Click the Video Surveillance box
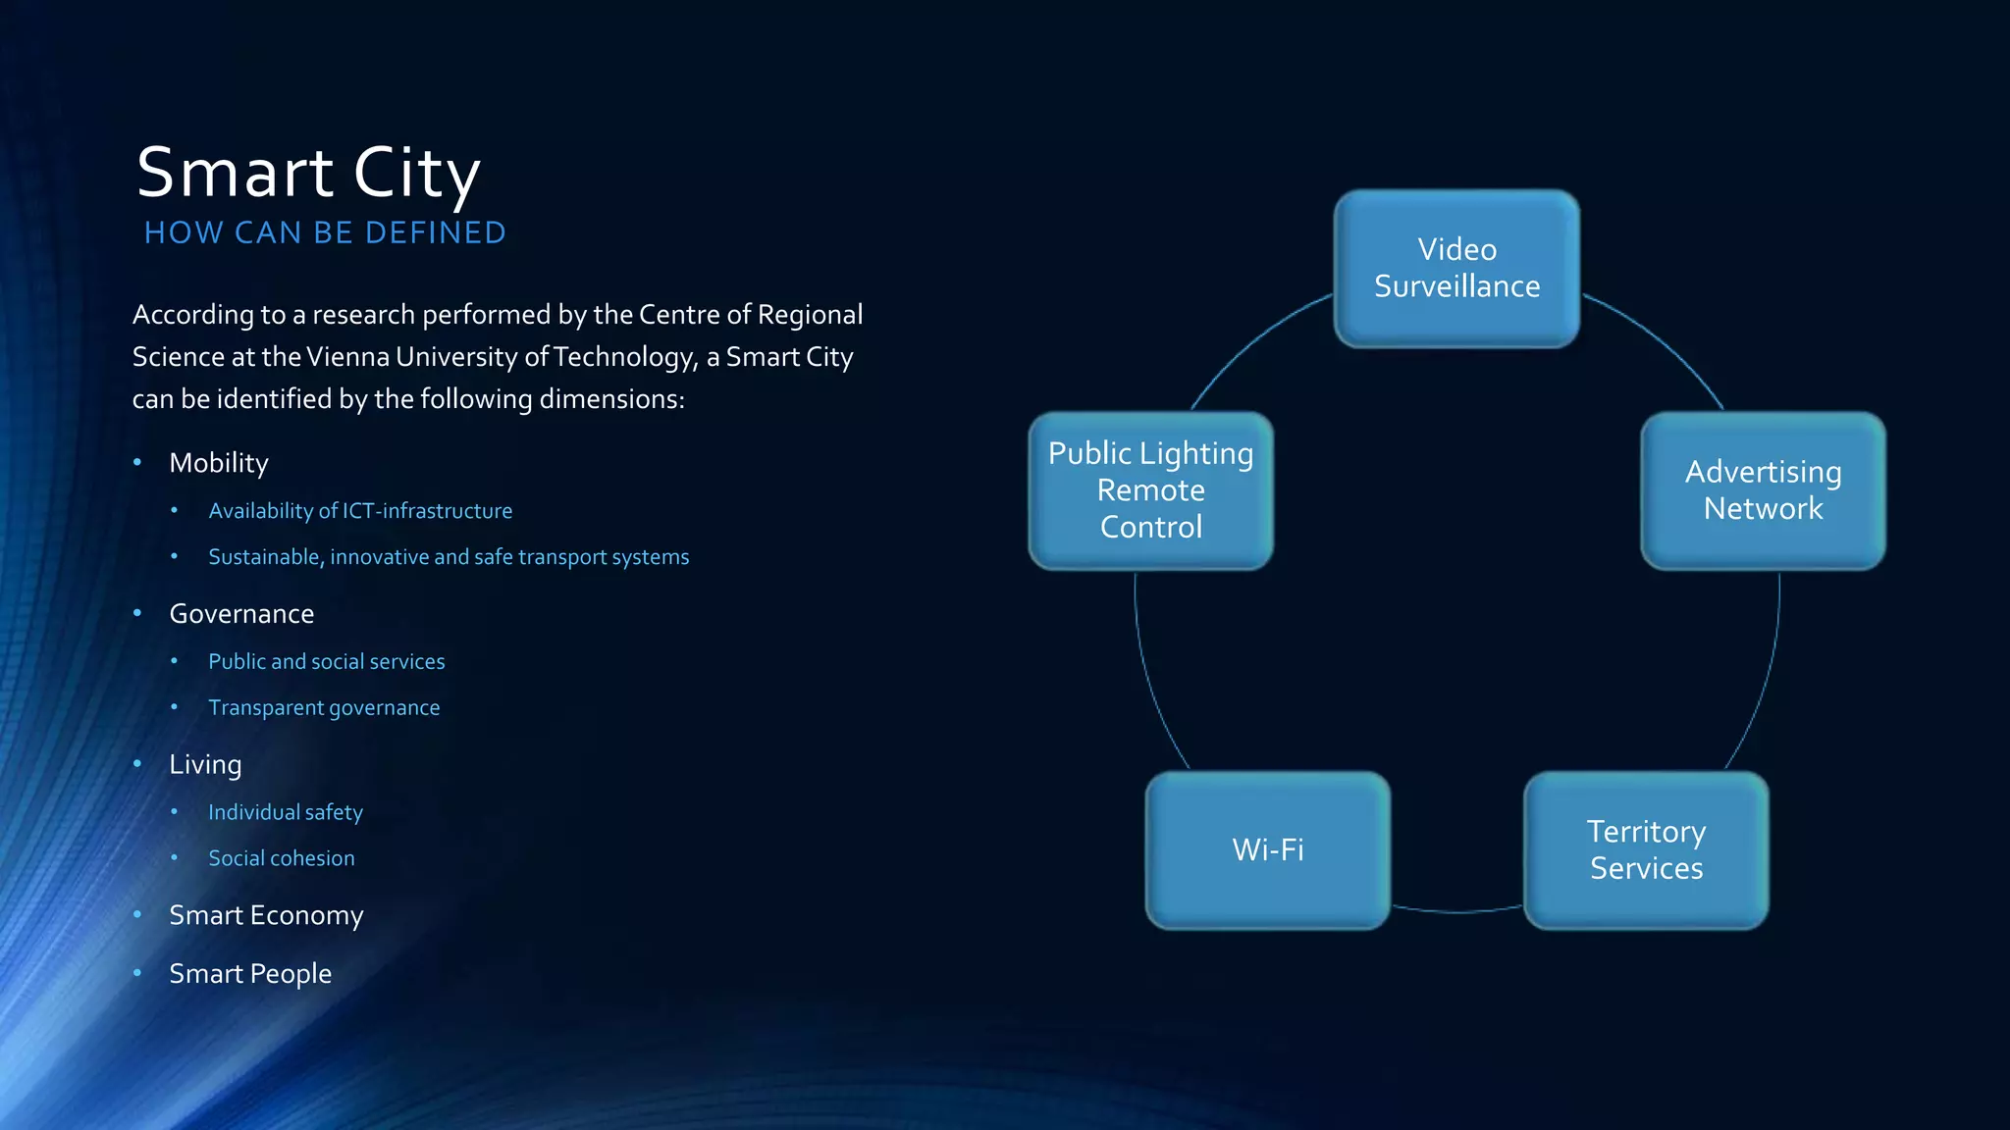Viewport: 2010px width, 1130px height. (1456, 268)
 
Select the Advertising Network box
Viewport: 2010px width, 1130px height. (1763, 490)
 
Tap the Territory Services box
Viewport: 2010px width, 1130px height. (1646, 849)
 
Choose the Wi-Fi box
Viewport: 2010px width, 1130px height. (1268, 849)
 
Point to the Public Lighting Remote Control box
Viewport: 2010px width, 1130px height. (1150, 490)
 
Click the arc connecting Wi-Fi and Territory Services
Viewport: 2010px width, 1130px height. (1457, 912)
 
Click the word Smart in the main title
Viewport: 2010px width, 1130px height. (236, 173)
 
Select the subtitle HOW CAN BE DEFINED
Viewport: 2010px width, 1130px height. (325, 232)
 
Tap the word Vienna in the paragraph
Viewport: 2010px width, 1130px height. (347, 357)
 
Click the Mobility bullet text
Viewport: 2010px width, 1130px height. (219, 463)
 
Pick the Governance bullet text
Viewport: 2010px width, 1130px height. (241, 614)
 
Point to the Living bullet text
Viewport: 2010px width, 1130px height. (205, 764)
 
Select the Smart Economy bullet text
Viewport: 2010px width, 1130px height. (266, 915)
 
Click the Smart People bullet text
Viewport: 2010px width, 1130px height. (250, 974)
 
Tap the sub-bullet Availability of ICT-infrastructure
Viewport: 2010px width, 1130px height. (360, 511)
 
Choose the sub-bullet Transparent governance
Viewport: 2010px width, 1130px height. (324, 708)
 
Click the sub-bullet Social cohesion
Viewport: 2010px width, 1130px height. (282, 858)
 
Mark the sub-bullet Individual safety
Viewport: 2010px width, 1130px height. (286, 812)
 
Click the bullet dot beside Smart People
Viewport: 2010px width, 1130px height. (137, 973)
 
